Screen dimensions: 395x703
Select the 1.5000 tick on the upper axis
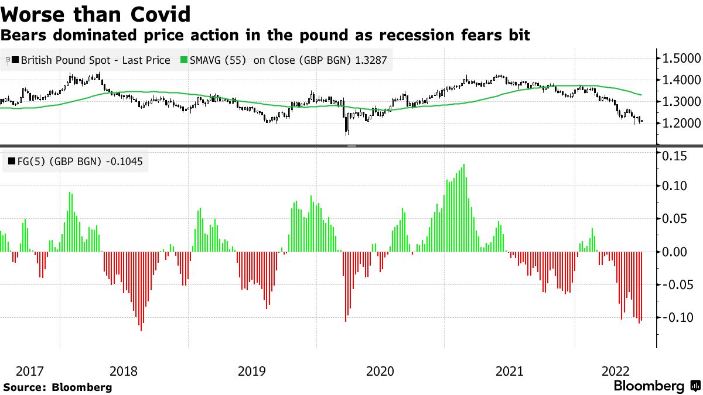click(x=681, y=59)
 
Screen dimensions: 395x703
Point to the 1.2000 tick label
click(x=681, y=123)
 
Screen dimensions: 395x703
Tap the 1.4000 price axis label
click(x=681, y=80)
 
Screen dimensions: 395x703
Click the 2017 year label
click(x=30, y=371)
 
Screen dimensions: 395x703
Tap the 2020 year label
click(x=380, y=371)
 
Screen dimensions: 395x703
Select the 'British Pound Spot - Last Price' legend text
click(x=95, y=60)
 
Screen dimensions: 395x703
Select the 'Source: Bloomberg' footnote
click(x=57, y=387)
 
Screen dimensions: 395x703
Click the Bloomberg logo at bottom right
click(x=656, y=386)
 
